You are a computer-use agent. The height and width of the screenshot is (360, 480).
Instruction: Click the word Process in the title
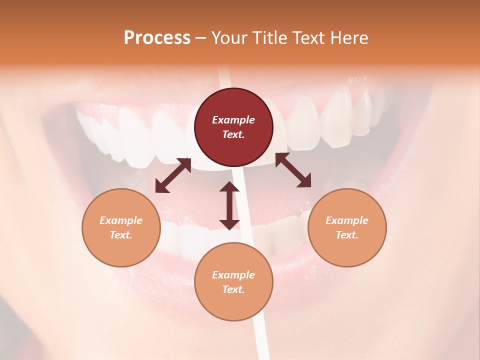[x=157, y=38]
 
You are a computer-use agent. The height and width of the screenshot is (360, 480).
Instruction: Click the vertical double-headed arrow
[x=229, y=205]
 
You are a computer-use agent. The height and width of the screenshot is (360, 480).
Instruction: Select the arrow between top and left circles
[x=173, y=175]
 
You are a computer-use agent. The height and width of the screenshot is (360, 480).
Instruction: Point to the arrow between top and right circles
[x=293, y=170]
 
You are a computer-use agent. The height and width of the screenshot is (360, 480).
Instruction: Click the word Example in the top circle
[x=233, y=120]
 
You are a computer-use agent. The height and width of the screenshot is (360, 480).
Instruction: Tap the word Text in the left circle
[x=121, y=235]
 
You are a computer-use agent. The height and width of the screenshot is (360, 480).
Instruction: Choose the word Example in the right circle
[x=347, y=220]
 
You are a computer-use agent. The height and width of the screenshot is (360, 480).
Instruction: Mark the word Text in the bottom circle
[x=233, y=289]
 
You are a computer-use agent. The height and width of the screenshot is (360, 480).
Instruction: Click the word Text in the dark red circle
[x=233, y=134]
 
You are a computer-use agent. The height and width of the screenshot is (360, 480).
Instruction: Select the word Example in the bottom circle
[x=233, y=275]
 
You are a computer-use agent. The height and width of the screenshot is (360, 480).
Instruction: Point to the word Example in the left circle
[x=121, y=220]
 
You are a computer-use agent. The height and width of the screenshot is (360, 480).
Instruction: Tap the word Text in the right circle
[x=347, y=235]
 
